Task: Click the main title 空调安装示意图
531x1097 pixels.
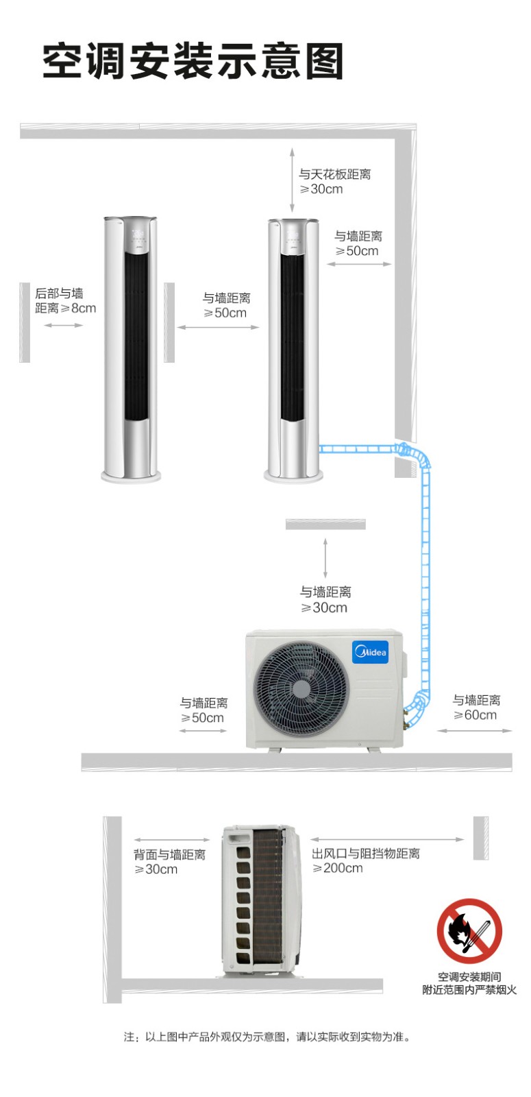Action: point(193,61)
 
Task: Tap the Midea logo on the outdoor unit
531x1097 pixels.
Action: point(371,652)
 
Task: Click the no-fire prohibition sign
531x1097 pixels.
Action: point(469,931)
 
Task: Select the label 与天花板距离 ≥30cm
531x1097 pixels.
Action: point(335,182)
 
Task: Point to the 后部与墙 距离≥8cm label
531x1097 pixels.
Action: point(65,301)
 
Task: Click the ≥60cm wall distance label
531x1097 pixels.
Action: point(476,708)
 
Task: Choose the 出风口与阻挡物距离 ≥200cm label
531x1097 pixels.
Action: point(366,861)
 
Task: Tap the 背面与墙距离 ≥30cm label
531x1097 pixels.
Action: point(169,862)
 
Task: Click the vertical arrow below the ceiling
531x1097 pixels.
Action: point(292,179)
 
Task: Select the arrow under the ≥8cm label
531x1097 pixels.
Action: point(63,325)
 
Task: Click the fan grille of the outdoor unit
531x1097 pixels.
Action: point(301,688)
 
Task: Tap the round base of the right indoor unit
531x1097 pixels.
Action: point(294,475)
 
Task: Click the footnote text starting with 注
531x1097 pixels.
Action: point(267,1037)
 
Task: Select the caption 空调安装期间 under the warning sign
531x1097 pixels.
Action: point(469,976)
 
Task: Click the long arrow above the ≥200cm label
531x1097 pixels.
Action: point(387,839)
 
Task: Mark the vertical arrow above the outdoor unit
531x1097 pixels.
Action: point(325,558)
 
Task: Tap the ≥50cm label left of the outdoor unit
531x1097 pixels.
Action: point(203,710)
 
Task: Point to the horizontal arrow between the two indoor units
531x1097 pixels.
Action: point(218,327)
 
